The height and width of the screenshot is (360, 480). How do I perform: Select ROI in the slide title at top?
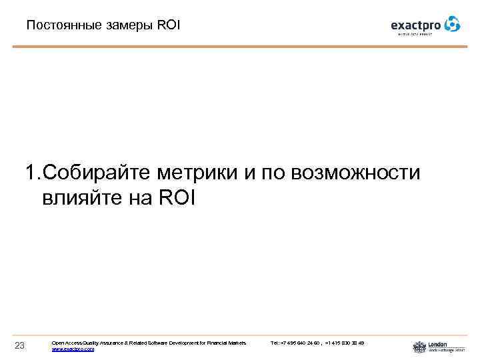coord(169,26)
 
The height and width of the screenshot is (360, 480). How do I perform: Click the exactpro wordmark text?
coord(416,25)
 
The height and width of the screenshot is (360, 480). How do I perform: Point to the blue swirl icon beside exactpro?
coord(452,24)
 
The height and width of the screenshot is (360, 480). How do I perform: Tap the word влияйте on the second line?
coord(81,198)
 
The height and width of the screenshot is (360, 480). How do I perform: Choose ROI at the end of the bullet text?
coord(175,198)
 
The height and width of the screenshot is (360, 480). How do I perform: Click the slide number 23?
coord(19,345)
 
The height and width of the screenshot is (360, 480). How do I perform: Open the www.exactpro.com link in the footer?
coord(73,349)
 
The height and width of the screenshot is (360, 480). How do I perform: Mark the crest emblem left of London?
coord(419,347)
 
